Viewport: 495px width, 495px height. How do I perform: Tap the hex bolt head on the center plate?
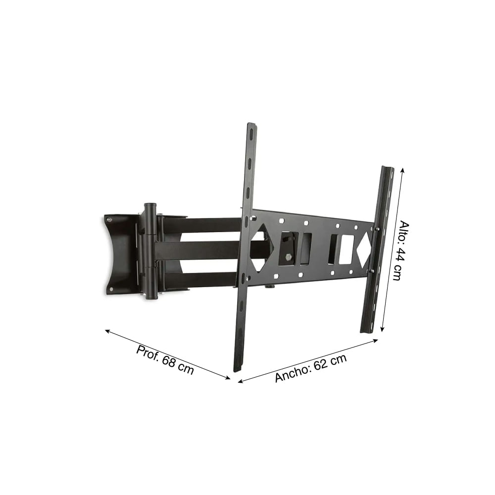point(289,257)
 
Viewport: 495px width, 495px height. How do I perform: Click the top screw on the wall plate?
point(109,220)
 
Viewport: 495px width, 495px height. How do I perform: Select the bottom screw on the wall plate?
point(111,289)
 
